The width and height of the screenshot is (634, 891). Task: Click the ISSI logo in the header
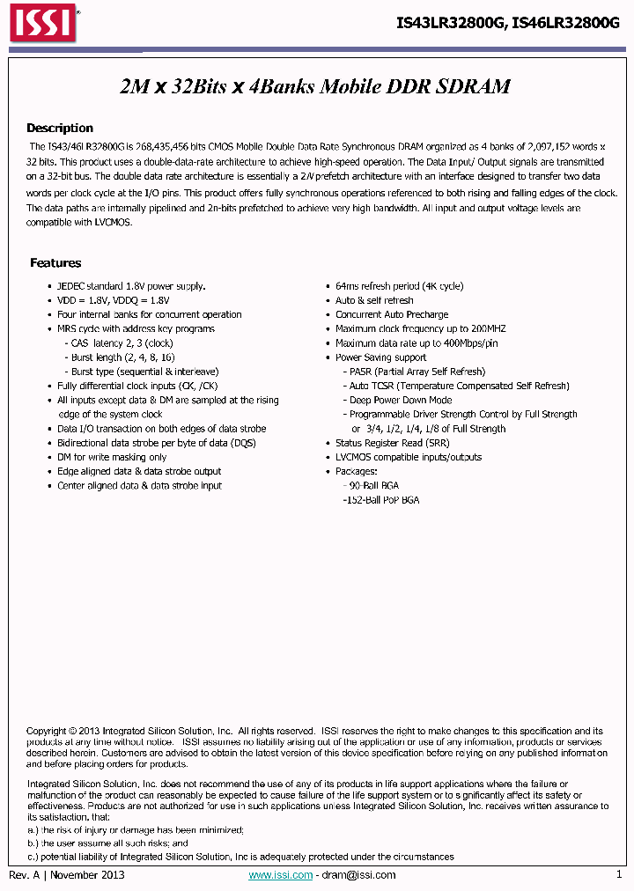tap(42, 24)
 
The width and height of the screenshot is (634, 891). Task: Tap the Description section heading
tap(59, 128)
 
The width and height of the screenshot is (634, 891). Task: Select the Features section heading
tap(55, 262)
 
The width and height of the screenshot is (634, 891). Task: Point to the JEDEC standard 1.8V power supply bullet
tap(131, 286)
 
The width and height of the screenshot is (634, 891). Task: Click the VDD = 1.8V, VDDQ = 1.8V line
tap(112, 300)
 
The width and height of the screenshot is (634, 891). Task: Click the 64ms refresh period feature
tap(399, 286)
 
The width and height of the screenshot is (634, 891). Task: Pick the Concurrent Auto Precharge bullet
tap(392, 314)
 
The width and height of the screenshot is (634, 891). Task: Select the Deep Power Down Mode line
tap(401, 400)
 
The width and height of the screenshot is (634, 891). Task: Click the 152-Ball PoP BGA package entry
tap(381, 500)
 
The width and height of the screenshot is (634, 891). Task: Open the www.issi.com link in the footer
tap(280, 875)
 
